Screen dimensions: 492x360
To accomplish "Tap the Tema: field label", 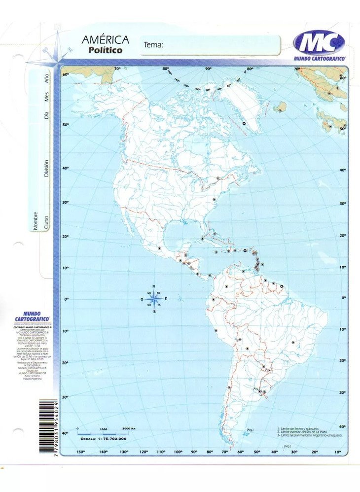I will (153, 45).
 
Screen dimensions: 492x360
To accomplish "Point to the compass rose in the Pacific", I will (154, 299).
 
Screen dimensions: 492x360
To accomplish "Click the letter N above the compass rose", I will (153, 286).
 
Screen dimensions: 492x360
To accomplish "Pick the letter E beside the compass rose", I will (166, 299).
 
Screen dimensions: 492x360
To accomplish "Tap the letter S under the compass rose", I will (154, 312).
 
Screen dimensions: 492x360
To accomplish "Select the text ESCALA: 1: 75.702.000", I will (103, 438).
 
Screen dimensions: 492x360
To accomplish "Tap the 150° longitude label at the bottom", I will (80, 452).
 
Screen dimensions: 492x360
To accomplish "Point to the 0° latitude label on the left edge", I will (66, 298).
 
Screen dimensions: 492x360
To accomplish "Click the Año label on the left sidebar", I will (47, 78).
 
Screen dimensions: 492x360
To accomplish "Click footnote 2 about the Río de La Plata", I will (306, 432).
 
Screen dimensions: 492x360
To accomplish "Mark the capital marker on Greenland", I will (244, 123).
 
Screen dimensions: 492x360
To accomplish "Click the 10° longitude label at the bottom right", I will (338, 452).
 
